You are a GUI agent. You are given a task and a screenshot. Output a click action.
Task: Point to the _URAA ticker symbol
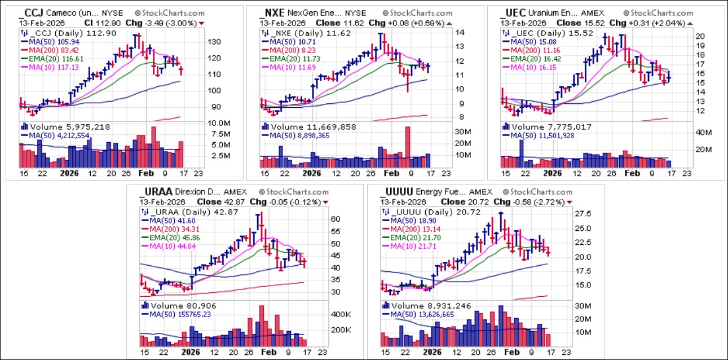153,192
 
